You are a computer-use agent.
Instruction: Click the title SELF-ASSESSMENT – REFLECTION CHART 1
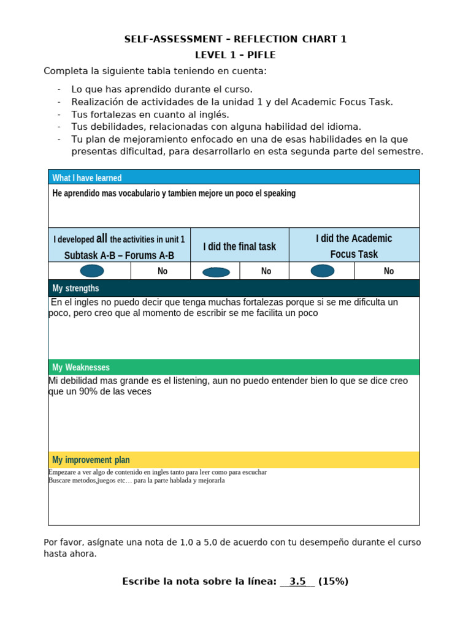235,39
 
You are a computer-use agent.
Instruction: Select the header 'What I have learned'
87,178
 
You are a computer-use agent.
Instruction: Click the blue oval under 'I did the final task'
216,272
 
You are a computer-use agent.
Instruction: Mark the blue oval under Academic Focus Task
323,271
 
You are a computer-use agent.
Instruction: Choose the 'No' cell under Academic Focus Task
389,271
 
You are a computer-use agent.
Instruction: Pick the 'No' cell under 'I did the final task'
266,271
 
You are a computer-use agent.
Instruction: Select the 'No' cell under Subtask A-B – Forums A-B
163,271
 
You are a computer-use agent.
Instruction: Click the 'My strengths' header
75,288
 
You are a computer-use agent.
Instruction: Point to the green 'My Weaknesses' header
81,367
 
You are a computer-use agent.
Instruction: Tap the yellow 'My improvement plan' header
91,460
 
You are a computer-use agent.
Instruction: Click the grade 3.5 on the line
297,582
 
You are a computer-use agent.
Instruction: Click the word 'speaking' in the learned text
279,193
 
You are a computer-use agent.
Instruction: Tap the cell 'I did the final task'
239,246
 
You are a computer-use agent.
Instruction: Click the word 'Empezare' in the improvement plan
61,473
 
